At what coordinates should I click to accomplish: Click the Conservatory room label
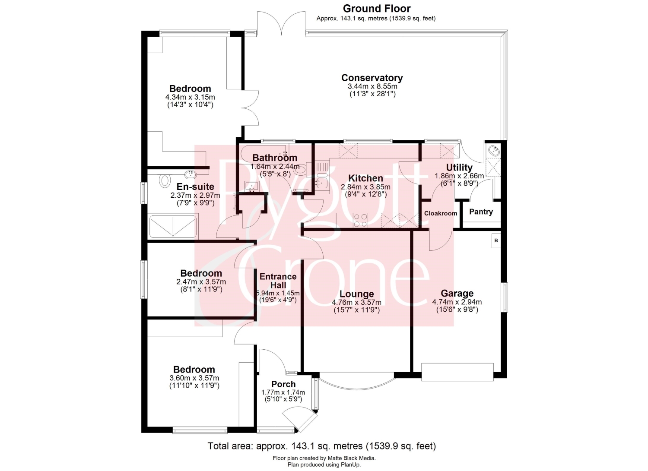[372, 78]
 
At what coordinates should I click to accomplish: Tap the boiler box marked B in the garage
[496, 240]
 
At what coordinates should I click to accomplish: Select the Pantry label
[481, 212]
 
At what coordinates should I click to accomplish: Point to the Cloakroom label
[441, 213]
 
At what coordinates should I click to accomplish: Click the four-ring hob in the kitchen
[360, 220]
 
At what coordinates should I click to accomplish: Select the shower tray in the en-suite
[173, 227]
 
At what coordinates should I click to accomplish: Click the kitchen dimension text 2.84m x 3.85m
[365, 187]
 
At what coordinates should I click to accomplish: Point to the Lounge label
[356, 294]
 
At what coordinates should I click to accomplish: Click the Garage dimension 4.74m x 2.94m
[457, 302]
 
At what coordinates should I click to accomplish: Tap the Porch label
[283, 384]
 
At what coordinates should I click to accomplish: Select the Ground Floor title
[377, 8]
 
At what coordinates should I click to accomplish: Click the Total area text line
[322, 446]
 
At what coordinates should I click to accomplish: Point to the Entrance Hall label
[278, 281]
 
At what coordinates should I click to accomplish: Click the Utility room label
[459, 168]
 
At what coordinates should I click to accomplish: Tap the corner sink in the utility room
[494, 151]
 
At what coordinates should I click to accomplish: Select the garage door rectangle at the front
[457, 372]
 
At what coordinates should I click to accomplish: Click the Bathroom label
[275, 158]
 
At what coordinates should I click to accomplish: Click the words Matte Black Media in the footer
[351, 458]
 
